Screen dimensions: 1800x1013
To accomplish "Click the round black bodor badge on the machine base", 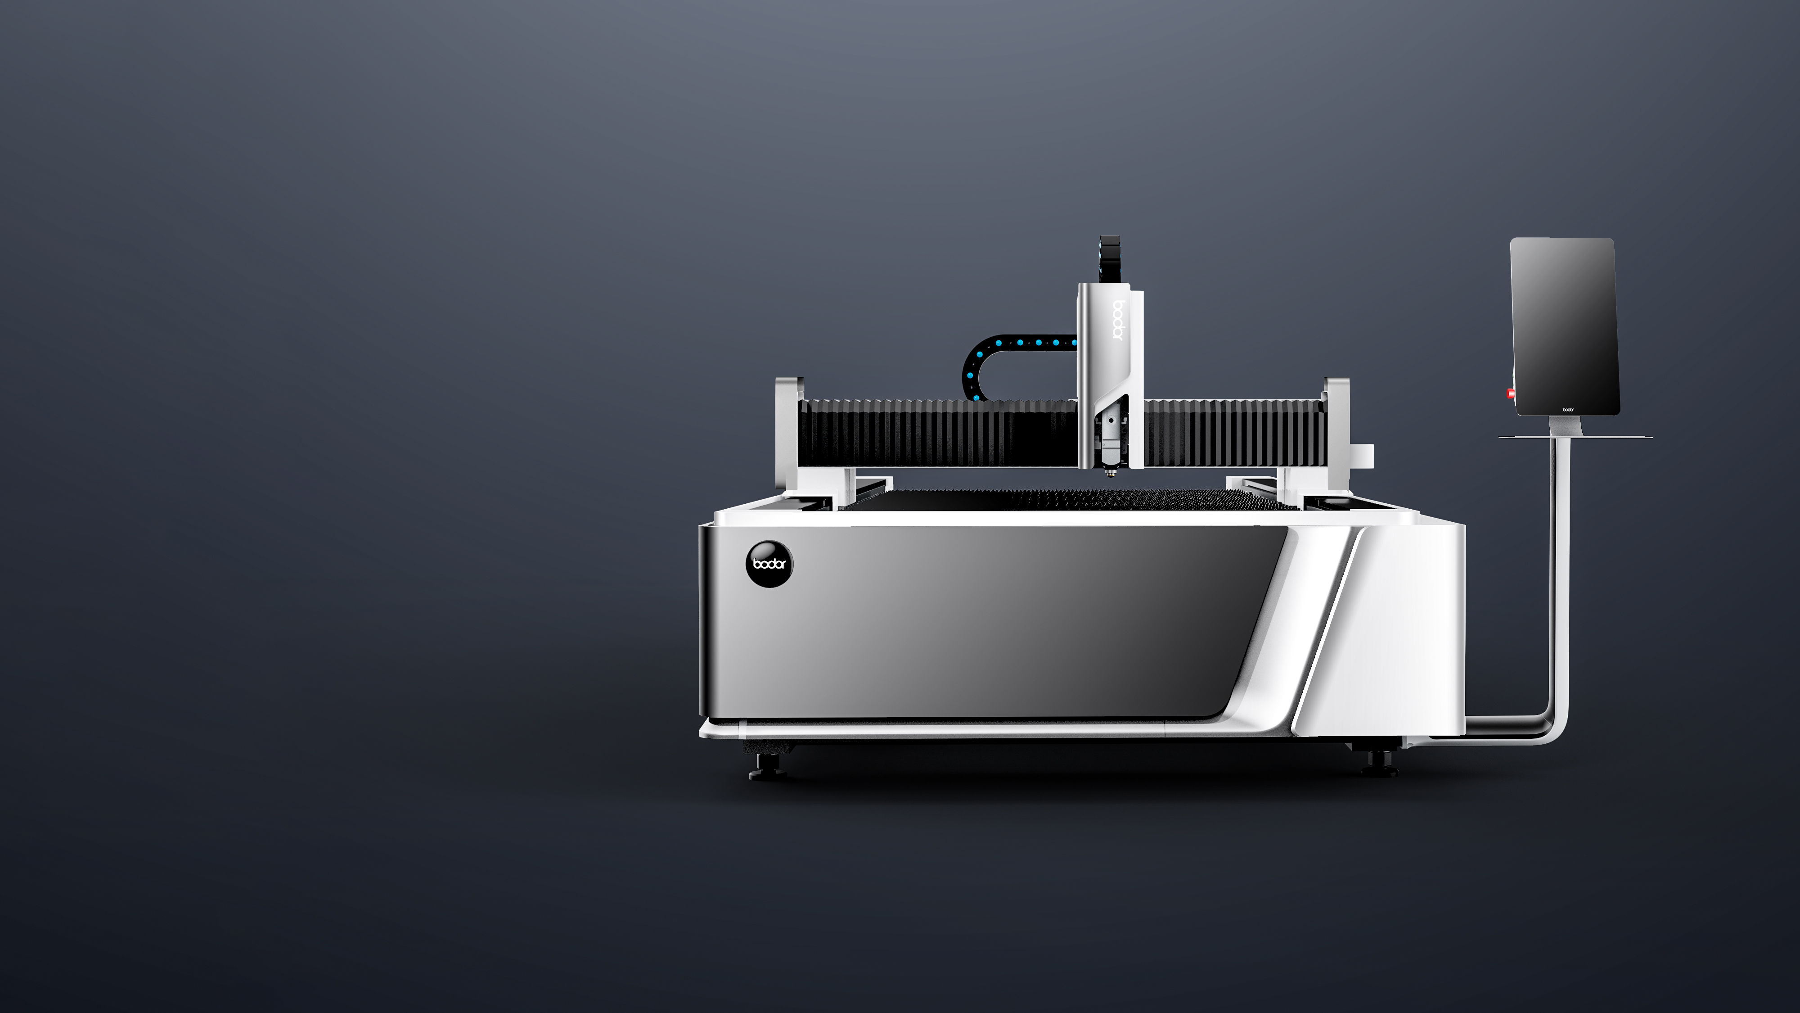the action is (x=769, y=564).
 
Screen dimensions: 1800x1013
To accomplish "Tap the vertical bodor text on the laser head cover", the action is (x=1116, y=320).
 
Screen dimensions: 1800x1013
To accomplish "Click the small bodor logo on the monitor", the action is (x=1568, y=409).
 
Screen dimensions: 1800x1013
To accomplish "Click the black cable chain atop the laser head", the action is (x=1110, y=259).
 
